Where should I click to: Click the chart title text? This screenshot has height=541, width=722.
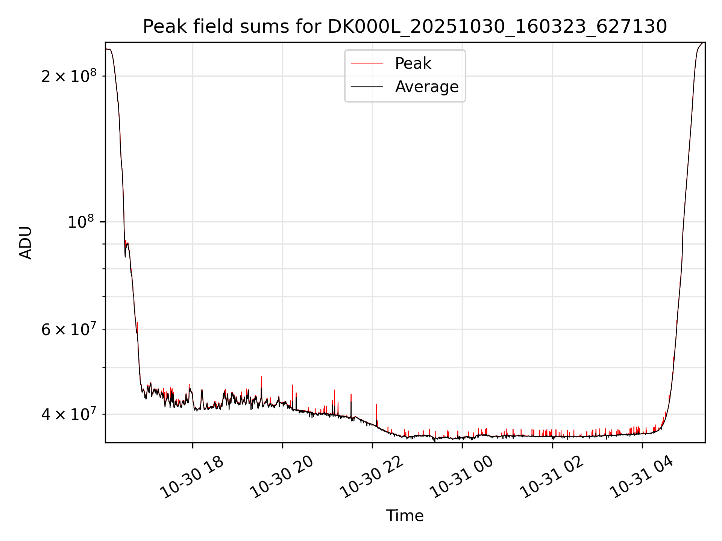(x=405, y=27)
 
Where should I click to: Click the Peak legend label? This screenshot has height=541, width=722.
(x=413, y=63)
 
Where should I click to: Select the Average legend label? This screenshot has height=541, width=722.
(x=427, y=87)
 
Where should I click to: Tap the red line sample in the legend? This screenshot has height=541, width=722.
(x=367, y=63)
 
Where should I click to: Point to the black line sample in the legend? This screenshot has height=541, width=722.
(x=367, y=87)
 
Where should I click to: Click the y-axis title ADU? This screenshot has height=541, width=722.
(x=26, y=242)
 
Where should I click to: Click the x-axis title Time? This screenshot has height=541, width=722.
(x=405, y=515)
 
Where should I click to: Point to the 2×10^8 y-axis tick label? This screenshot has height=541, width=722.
(x=69, y=76)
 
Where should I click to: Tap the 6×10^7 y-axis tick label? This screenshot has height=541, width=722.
(x=69, y=329)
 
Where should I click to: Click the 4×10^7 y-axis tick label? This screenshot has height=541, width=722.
(x=69, y=414)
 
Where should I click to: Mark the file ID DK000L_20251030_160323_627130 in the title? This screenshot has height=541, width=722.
(x=497, y=27)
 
